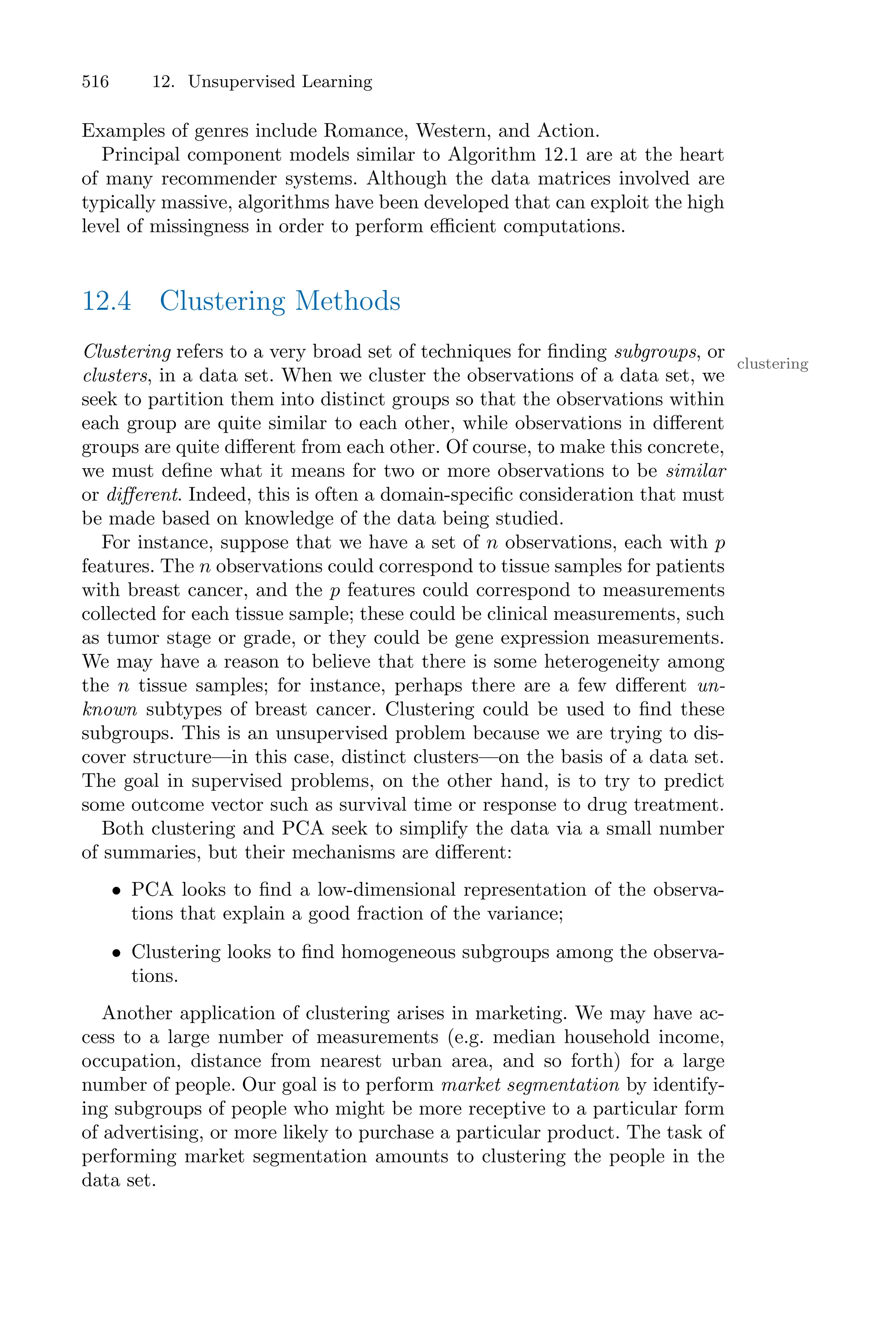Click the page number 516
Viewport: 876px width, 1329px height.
click(x=95, y=82)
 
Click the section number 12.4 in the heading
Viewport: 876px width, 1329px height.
click(x=107, y=301)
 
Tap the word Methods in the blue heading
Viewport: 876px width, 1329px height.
click(x=347, y=301)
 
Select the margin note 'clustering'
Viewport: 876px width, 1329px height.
click(x=772, y=364)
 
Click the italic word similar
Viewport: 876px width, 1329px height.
click(x=695, y=472)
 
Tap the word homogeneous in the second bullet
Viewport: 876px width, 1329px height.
click(x=398, y=952)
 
